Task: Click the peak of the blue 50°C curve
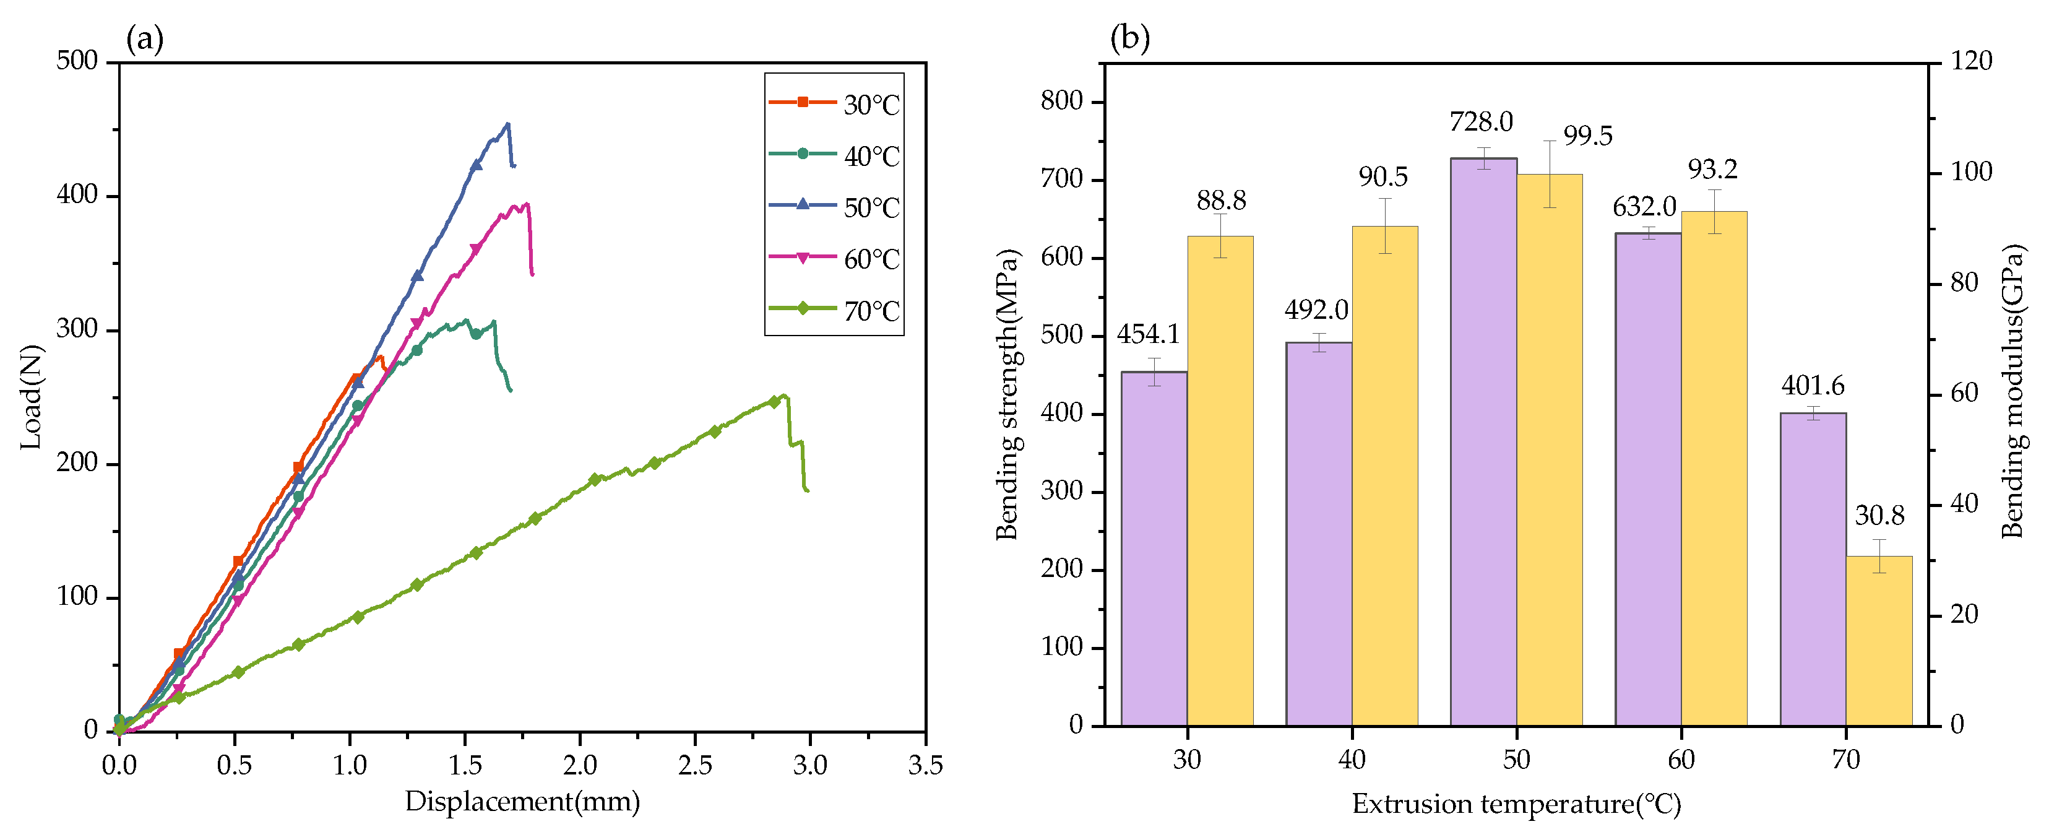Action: [508, 124]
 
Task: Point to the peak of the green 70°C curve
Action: [784, 396]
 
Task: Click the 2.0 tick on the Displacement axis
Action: [580, 765]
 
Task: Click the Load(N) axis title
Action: [30, 397]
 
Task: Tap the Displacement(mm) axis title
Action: [522, 801]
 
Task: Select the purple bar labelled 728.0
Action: [1483, 441]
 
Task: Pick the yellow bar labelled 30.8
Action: [1879, 641]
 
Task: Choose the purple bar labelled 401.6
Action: [1813, 569]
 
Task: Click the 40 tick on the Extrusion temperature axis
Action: [1352, 760]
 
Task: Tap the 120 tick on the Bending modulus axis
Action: [1971, 61]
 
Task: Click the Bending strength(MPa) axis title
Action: [1007, 394]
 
